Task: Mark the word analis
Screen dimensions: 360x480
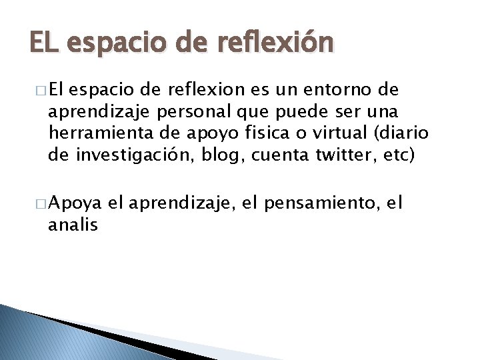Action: [x=73, y=225]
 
